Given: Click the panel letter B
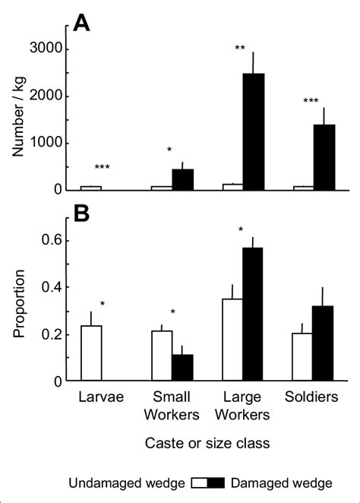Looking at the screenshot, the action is (81, 214).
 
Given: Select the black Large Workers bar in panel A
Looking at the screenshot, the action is (254, 132).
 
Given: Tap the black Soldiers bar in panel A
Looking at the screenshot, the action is (324, 157).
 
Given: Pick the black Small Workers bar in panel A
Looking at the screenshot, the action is (183, 179).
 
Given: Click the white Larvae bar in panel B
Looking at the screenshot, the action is (91, 353).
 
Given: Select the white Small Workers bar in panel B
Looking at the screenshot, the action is (162, 356).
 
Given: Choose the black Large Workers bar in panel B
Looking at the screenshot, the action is (253, 314).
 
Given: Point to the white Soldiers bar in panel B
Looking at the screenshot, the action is (302, 357).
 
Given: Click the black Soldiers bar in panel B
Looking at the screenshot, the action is (323, 343).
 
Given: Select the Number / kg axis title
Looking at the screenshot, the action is (18, 116).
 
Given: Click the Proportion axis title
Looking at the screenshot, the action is (19, 303).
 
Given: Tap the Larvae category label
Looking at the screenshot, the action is (101, 397).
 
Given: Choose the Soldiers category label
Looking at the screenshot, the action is (311, 397).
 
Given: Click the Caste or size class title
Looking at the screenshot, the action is (207, 443).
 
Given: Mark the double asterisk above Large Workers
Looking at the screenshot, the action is (240, 48).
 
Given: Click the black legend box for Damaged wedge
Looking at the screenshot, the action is (216, 482).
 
